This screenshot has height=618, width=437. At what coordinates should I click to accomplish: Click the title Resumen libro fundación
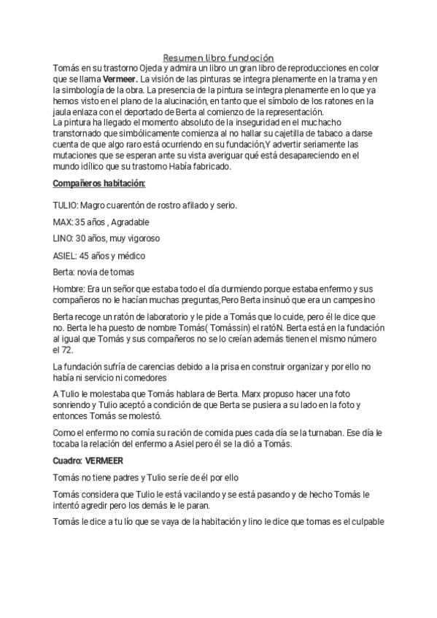(218, 57)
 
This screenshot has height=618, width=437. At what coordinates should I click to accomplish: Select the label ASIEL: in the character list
(66, 255)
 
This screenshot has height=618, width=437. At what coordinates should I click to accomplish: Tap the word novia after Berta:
(96, 272)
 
